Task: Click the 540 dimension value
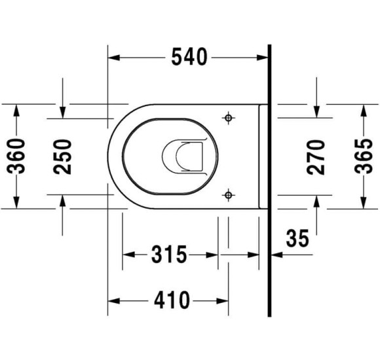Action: point(189,57)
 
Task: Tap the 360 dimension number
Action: point(16,156)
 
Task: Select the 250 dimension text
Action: point(62,156)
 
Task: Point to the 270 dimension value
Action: point(316,157)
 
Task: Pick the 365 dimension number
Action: point(363,156)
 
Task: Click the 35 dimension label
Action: point(297,238)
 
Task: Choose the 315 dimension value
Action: point(169,254)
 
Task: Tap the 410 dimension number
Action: point(172,300)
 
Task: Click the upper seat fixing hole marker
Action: point(228,118)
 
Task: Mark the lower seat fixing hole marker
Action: point(228,194)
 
